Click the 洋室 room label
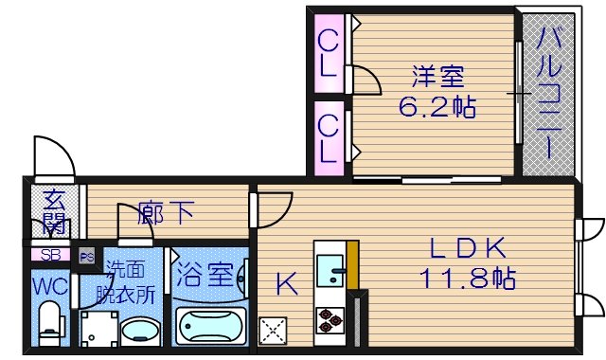(433, 74)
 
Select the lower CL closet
(328, 137)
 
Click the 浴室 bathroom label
(203, 277)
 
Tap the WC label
(48, 284)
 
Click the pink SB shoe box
(50, 255)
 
